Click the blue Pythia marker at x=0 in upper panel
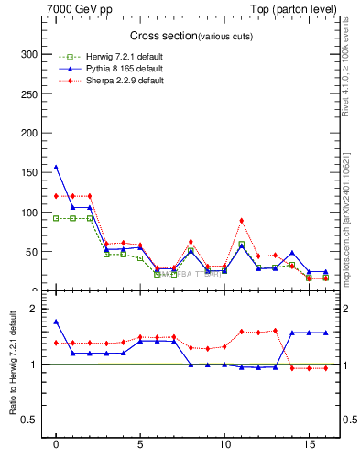56,168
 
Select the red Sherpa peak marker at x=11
241,221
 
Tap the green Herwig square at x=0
56,218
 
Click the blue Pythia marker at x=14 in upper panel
291,253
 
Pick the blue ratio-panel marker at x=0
56,322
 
